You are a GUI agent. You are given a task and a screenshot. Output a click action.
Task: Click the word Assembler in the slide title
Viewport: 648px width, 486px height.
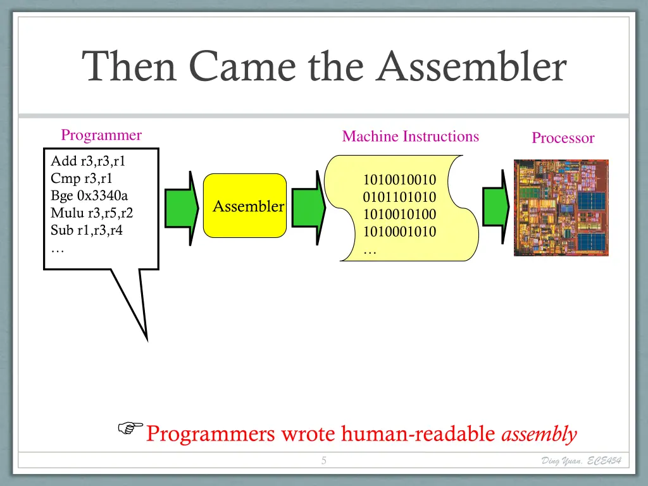[471, 67]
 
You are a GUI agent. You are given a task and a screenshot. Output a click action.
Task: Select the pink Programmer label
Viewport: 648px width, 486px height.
[101, 135]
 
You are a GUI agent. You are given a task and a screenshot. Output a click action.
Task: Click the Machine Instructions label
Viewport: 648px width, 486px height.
[410, 136]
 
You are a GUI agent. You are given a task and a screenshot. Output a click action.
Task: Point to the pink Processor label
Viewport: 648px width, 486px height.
[563, 138]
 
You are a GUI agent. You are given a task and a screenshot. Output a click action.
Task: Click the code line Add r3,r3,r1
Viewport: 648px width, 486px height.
[88, 161]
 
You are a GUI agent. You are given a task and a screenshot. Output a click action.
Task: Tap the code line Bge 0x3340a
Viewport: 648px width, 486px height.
[89, 195]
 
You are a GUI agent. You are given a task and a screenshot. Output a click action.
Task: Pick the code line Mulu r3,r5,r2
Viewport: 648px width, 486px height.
[92, 213]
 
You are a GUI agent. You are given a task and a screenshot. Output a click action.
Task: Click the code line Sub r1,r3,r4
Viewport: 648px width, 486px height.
[87, 230]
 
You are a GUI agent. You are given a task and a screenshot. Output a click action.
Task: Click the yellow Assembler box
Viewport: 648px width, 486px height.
[248, 206]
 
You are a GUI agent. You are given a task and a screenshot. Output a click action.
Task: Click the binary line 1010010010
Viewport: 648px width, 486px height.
[399, 180]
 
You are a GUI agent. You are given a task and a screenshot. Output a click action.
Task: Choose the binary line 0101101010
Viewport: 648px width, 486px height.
[399, 197]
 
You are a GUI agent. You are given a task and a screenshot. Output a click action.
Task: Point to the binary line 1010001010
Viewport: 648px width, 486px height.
[399, 232]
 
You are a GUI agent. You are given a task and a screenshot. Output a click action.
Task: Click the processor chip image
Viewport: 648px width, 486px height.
[561, 208]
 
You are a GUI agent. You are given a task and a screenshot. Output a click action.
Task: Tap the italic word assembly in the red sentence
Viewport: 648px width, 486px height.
[539, 434]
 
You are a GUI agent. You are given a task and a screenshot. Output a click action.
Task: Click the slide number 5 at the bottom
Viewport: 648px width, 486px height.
[323, 461]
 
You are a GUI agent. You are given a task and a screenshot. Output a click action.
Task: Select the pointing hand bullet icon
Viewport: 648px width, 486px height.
[130, 429]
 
